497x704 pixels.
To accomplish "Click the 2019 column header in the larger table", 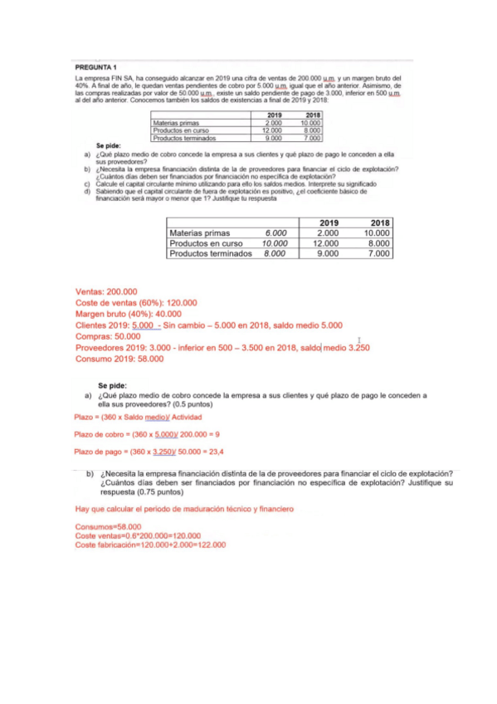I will [329, 222].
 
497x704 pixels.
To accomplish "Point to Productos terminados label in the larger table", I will [210, 255].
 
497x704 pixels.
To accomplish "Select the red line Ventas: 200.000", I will [106, 292].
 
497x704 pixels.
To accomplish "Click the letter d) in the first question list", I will [87, 190].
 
